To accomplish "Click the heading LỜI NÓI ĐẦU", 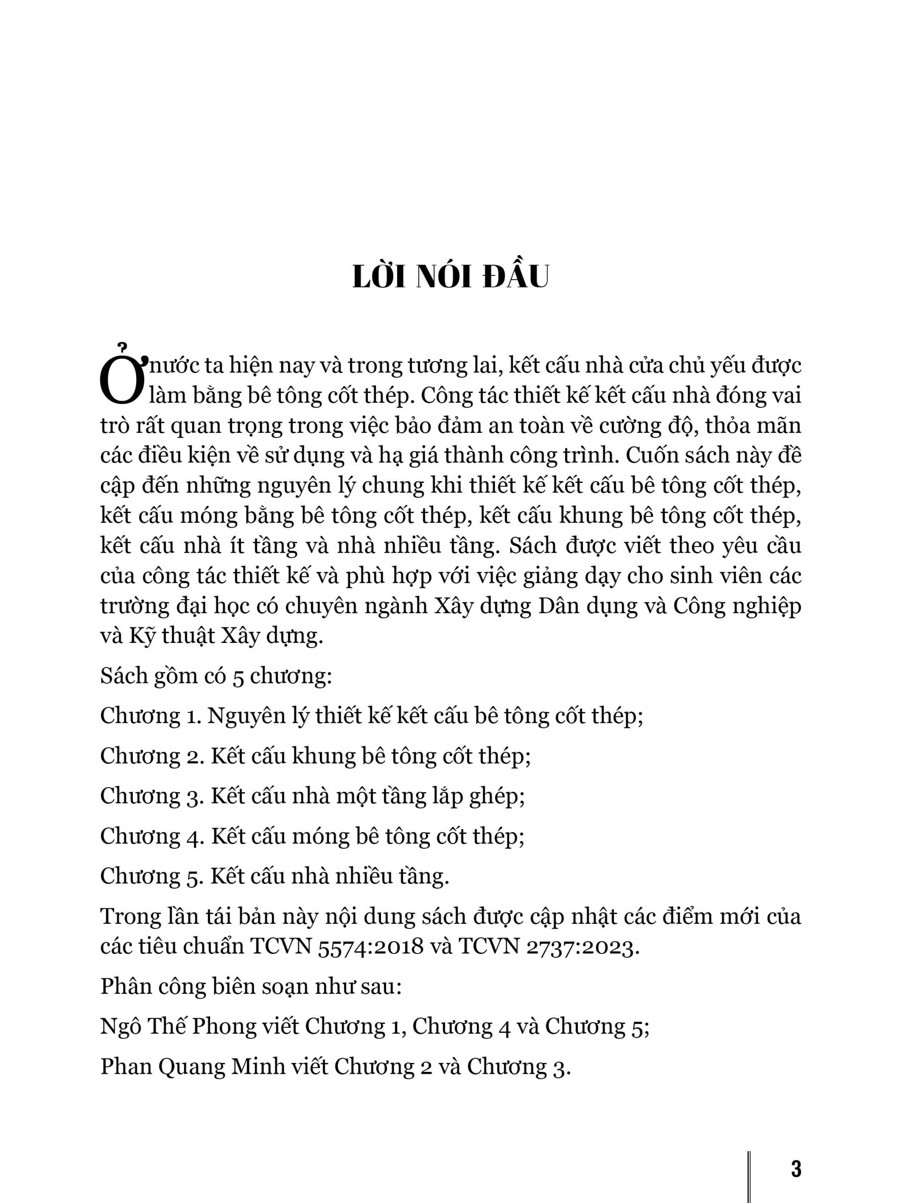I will coord(451,278).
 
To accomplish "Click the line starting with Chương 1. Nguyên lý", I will coord(371,716).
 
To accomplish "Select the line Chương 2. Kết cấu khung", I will coord(315,757).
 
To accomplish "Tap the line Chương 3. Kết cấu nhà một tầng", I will coord(312,797).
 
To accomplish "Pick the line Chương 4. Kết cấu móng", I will coord(312,837).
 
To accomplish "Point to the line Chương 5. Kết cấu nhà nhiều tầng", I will coord(274,877).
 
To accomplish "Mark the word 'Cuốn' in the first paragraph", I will coord(650,455).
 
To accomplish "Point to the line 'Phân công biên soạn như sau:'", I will coord(251,986).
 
